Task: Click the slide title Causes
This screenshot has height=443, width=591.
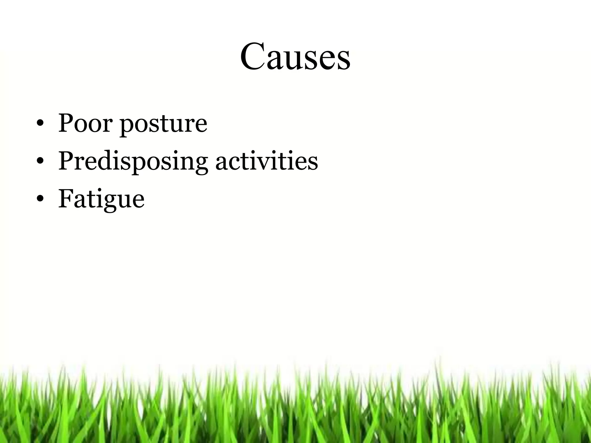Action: click(x=295, y=56)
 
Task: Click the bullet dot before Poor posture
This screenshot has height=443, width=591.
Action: click(x=40, y=124)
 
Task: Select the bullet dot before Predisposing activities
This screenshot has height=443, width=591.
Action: click(x=40, y=162)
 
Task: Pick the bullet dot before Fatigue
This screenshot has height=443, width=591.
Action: click(x=40, y=199)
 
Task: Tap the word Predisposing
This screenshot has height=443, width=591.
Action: click(x=133, y=162)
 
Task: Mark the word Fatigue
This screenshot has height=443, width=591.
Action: click(x=101, y=199)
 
